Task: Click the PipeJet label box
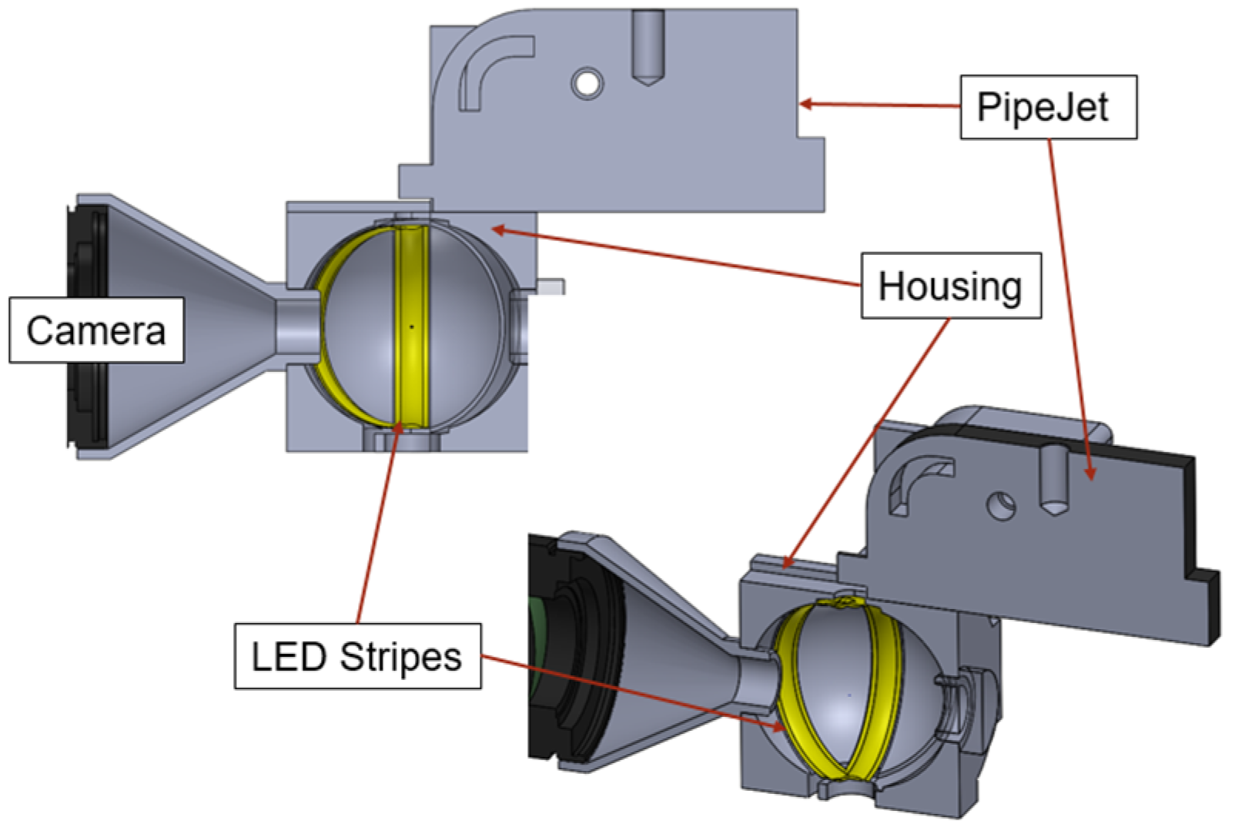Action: [1047, 107]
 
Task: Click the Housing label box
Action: [950, 286]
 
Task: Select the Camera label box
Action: [96, 330]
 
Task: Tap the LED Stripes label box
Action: [357, 656]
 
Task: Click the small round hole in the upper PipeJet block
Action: [587, 82]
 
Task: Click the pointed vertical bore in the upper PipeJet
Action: [648, 46]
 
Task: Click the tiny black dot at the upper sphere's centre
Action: [412, 327]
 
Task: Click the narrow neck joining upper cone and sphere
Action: [296, 327]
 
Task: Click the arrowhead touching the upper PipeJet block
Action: [805, 104]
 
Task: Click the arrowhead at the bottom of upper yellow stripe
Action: [397, 428]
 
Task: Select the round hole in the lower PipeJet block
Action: [1002, 506]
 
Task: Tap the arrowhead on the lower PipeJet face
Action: [1089, 474]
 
